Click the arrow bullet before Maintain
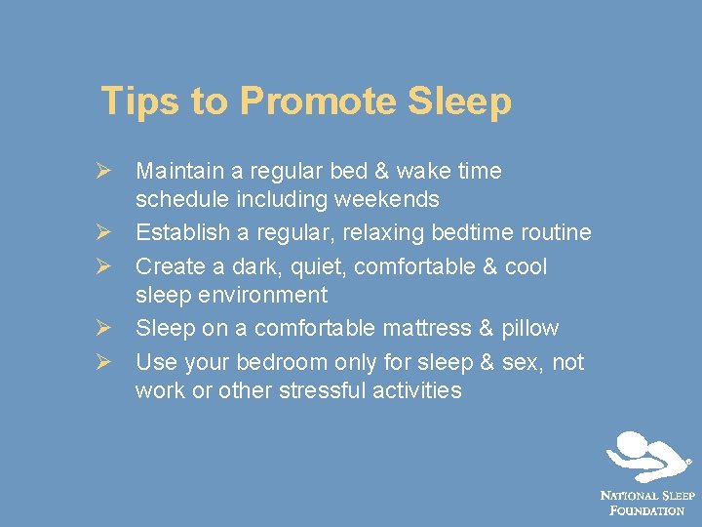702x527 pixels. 109,172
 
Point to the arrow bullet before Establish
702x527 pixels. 109,233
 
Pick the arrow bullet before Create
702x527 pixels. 109,266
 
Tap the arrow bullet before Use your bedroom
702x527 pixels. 109,363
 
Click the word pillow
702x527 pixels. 527,328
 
